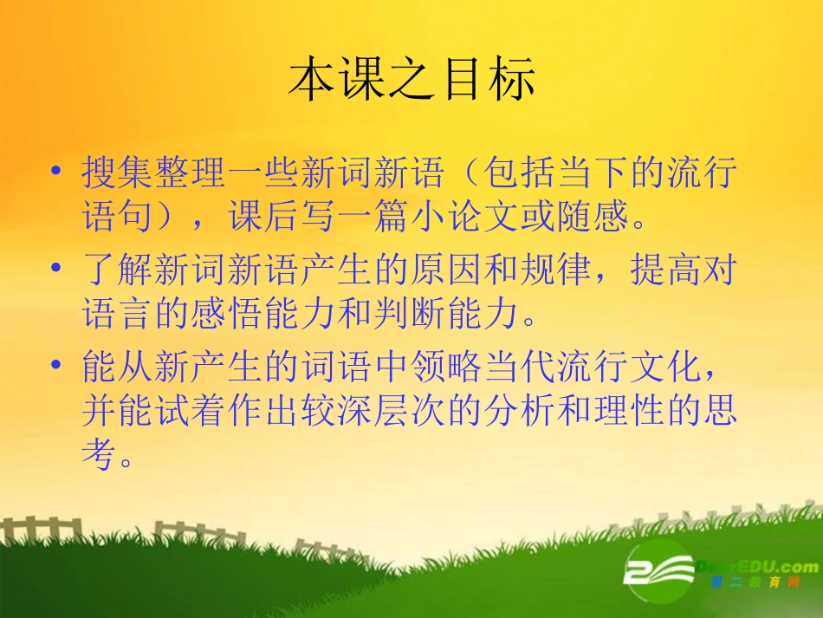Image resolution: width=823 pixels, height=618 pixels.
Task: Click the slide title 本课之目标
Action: (411, 81)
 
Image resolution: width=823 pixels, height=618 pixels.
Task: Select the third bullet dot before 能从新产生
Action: (57, 367)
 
